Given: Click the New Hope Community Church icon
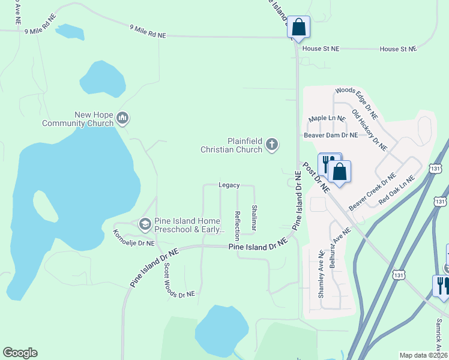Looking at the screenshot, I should click(x=123, y=118).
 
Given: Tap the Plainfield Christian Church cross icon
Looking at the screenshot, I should click(x=272, y=144).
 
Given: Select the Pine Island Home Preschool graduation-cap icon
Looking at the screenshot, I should click(x=145, y=224).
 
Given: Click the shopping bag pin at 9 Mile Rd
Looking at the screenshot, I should click(x=298, y=28).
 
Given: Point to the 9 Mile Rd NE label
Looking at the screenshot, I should click(x=148, y=31).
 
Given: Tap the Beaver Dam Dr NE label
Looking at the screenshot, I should click(x=331, y=136).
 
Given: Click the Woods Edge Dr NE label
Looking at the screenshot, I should click(x=356, y=102).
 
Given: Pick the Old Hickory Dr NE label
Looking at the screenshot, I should click(x=369, y=130).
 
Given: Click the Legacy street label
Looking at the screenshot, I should click(x=229, y=185).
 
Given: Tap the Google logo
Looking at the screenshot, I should click(x=20, y=353).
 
